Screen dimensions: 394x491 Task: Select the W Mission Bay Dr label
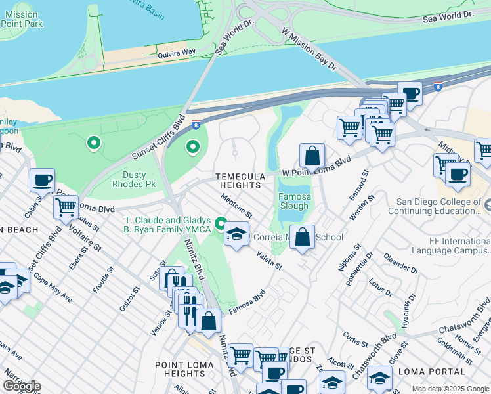pyautogui.click(x=308, y=49)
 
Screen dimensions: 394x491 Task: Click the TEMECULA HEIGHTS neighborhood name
pyautogui.click(x=241, y=181)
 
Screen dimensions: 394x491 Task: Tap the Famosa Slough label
pyautogui.click(x=294, y=201)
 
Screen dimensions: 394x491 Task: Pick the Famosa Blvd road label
pyautogui.click(x=246, y=301)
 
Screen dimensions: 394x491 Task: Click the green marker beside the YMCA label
pyautogui.click(x=222, y=224)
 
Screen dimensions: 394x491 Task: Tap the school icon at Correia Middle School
pyautogui.click(x=236, y=234)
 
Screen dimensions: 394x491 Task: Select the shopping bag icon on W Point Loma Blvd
pyautogui.click(x=312, y=156)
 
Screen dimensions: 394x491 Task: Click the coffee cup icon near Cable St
pyautogui.click(x=42, y=179)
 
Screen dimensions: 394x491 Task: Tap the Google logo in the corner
pyautogui.click(x=22, y=385)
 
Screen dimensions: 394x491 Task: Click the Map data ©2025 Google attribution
pyautogui.click(x=450, y=389)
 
